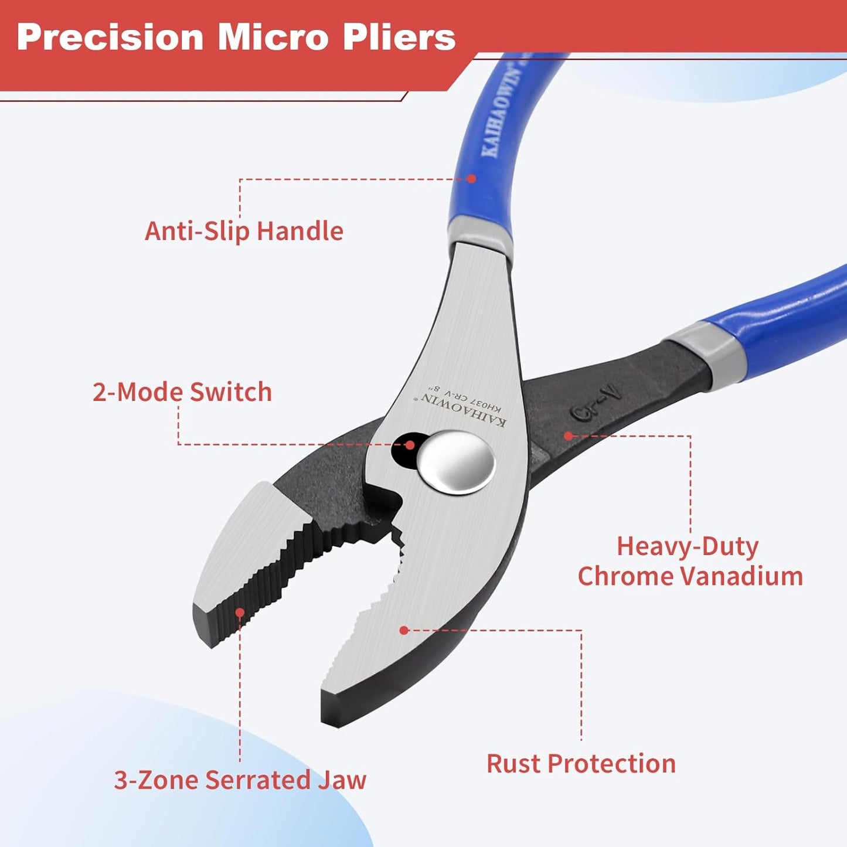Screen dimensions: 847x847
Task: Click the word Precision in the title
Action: pos(110,38)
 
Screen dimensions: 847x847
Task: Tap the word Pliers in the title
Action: pos(399,38)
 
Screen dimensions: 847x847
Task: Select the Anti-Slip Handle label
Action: pos(244,231)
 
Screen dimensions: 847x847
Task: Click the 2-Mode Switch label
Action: pos(182,392)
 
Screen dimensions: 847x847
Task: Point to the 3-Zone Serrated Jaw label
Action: pos(240,780)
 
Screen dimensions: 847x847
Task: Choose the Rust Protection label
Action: pos(581,764)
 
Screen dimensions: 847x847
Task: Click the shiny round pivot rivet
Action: pos(456,462)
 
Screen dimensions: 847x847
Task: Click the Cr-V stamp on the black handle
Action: pos(596,402)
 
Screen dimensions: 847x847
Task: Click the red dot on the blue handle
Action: pos(471,178)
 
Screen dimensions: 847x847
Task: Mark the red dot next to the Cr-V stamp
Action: pos(569,436)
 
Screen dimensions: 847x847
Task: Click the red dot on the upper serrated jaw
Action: pos(240,612)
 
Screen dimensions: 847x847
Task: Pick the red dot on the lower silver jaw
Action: pos(404,630)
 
